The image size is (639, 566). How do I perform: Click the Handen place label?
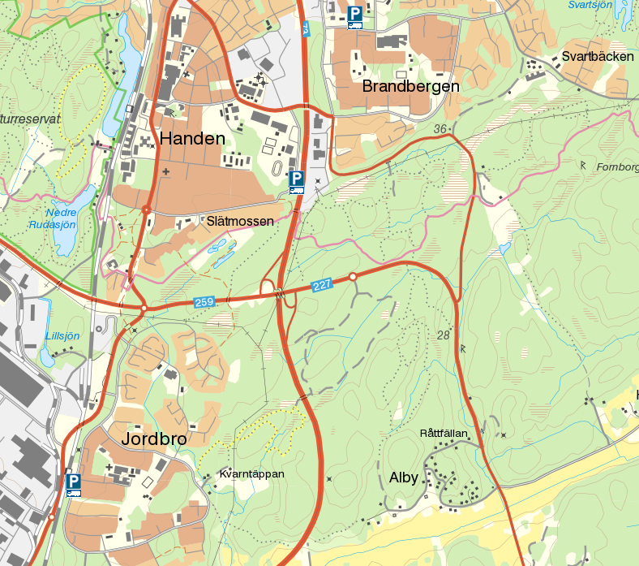pos(192,139)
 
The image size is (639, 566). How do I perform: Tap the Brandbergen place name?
pos(411,86)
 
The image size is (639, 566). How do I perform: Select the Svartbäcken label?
pos(597,57)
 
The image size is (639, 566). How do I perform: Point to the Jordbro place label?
pos(154,439)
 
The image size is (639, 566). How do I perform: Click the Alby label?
pos(403,477)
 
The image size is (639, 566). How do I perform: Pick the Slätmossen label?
pos(240,221)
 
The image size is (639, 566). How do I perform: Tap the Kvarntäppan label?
pos(252,473)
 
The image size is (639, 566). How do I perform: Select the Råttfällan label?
pos(444,433)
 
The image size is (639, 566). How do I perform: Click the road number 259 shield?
pos(204,302)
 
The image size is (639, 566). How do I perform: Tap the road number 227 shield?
pos(321,285)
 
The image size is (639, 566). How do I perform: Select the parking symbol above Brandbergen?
pos(354,16)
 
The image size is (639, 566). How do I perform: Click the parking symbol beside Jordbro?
pos(74,484)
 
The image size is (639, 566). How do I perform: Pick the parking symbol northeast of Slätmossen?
pos(296,181)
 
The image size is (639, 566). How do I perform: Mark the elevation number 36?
pos(440,129)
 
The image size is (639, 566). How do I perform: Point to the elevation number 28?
pos(443,335)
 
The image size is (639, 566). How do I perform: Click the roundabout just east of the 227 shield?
pos(353,278)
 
